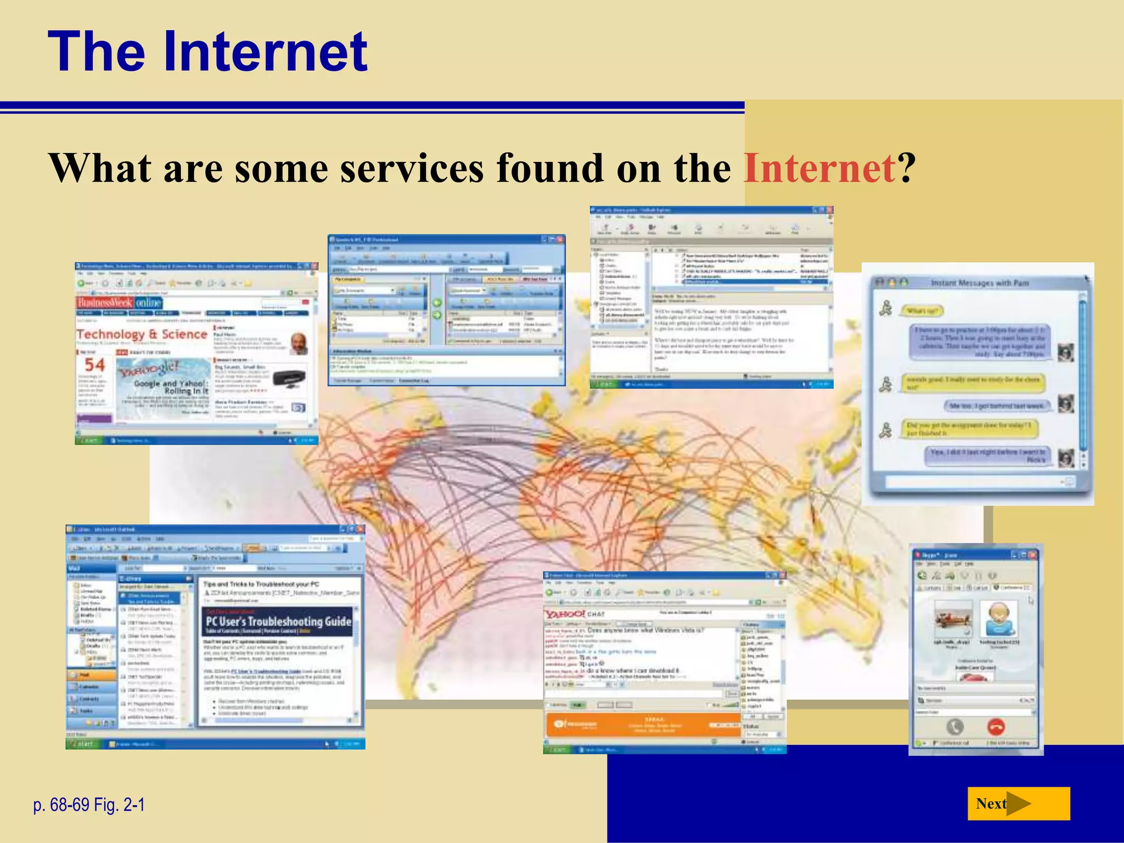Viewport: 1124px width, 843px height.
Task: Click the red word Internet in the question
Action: click(819, 168)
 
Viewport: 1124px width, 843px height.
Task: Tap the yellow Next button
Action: click(1018, 803)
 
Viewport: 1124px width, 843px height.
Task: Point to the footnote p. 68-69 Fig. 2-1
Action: click(89, 805)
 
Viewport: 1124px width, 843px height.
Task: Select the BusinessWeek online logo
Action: click(120, 302)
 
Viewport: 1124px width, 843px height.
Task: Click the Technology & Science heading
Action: click(142, 334)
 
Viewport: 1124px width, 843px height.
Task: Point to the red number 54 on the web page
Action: click(94, 364)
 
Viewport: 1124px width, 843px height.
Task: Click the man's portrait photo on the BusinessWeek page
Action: click(299, 343)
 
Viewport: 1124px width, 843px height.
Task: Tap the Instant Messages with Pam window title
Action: click(980, 283)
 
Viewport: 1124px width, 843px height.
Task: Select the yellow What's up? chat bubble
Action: click(922, 311)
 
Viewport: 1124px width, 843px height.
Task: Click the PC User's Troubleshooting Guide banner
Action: click(278, 622)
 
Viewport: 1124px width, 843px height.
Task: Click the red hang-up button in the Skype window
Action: click(996, 727)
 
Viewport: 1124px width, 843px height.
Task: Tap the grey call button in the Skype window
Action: click(955, 727)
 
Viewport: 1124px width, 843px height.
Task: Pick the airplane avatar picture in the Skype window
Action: click(953, 619)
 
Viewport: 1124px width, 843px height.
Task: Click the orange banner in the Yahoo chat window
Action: click(641, 724)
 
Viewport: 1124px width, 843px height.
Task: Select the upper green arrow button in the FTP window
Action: click(437, 303)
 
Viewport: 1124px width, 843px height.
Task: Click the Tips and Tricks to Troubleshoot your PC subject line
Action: click(261, 584)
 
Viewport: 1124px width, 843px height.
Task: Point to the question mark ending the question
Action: click(907, 168)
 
